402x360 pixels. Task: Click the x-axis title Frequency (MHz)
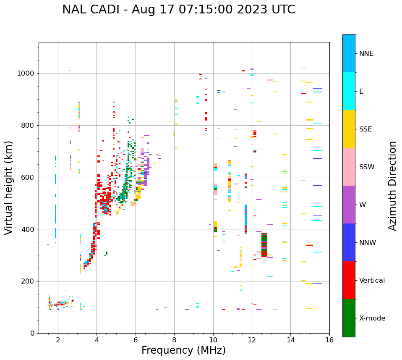[x=183, y=350]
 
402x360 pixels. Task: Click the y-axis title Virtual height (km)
[x=9, y=187]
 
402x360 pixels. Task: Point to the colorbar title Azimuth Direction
[x=392, y=186]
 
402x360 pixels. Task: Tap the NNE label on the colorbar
[x=366, y=54]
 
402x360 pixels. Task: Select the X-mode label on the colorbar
[x=372, y=318]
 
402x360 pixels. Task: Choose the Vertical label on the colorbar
[x=372, y=281]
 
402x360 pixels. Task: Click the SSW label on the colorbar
[x=367, y=167]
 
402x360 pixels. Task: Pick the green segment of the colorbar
[x=349, y=318]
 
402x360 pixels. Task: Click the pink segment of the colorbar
[x=349, y=167]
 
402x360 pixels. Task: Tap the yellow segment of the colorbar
[x=349, y=129]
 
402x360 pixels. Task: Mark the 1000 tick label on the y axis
[x=26, y=74]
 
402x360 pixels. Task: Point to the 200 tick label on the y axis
[x=28, y=281]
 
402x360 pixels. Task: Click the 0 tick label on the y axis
[x=32, y=333]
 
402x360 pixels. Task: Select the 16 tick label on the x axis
[x=329, y=340]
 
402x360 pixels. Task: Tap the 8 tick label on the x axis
[x=174, y=340]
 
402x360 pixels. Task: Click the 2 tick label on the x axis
[x=58, y=340]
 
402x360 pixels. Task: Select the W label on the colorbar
[x=363, y=205]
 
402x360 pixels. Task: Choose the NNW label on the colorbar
[x=368, y=243]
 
